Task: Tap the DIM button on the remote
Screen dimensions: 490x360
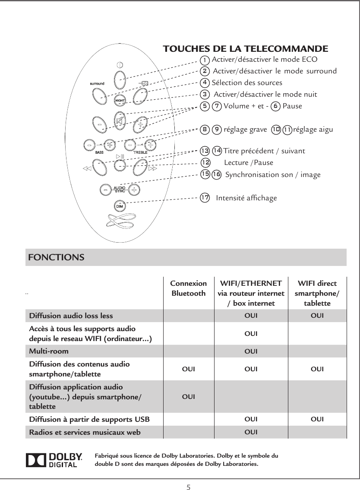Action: click(120, 206)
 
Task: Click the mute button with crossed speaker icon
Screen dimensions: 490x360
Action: click(120, 122)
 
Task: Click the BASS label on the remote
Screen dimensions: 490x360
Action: click(99, 152)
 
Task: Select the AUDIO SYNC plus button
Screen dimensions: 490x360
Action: click(135, 189)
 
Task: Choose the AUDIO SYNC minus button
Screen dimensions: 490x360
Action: click(105, 189)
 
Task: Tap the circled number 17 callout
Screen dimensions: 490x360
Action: click(205, 198)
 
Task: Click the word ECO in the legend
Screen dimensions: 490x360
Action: click(309, 59)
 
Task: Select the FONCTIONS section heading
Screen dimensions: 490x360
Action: click(56, 257)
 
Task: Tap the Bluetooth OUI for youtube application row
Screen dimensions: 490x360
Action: click(188, 395)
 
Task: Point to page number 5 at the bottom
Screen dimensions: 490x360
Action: click(188, 487)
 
